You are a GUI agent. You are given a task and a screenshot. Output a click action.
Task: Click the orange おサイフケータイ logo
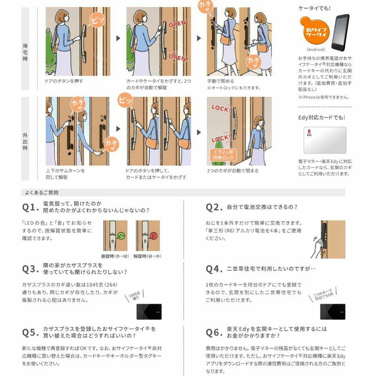point(313,31)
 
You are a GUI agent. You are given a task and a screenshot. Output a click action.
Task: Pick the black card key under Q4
point(332,311)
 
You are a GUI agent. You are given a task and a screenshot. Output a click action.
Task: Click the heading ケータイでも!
point(314,8)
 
